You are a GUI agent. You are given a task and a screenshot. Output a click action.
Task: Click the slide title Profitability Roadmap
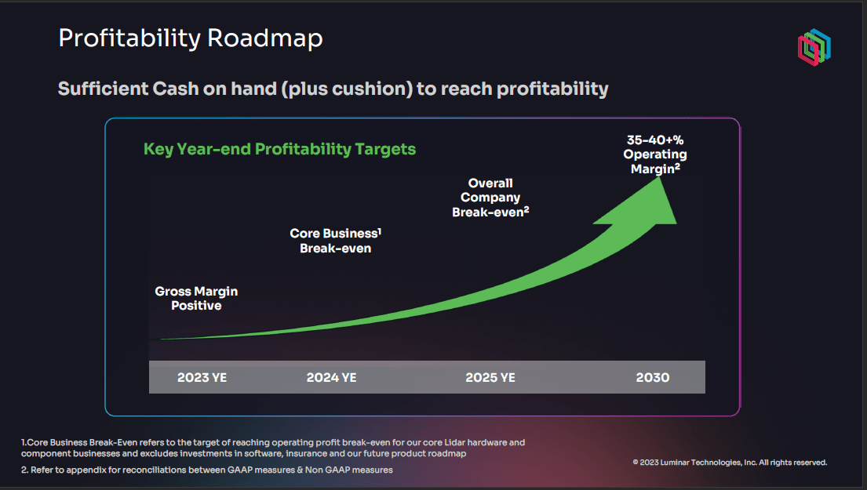point(191,38)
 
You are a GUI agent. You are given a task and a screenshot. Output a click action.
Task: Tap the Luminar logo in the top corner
point(814,48)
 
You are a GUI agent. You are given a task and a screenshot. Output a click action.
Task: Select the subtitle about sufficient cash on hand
point(333,89)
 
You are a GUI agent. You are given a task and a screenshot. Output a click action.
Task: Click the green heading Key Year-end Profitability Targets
point(279,149)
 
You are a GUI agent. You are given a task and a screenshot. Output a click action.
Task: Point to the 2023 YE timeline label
point(202,377)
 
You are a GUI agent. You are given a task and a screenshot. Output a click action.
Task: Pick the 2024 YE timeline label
point(331,377)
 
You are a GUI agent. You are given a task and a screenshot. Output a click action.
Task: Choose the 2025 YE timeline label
point(490,377)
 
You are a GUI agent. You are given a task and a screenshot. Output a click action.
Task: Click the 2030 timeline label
point(652,377)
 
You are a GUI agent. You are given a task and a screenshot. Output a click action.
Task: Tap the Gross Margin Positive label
point(196,298)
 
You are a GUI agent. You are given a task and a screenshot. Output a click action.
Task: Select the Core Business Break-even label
point(335,241)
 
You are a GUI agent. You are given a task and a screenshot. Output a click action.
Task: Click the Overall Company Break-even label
point(490,198)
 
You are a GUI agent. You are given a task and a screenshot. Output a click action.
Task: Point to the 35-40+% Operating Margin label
point(655,154)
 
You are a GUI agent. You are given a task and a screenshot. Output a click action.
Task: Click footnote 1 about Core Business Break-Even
point(273,448)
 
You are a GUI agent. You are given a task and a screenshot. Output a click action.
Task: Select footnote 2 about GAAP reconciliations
point(207,470)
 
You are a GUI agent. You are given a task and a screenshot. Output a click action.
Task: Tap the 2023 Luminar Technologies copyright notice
point(729,463)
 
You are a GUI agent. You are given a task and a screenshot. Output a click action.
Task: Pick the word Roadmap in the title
point(265,38)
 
